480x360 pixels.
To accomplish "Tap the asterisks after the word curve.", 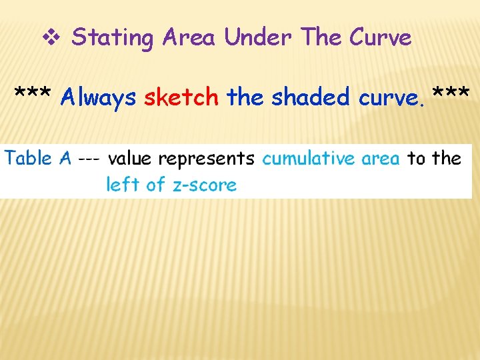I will (451, 95).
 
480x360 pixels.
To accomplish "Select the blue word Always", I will (98, 98).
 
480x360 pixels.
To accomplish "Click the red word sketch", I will (181, 97).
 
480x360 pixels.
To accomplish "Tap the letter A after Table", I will (65, 158).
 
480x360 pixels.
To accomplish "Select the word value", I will (129, 158).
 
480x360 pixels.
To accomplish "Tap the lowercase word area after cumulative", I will (381, 159).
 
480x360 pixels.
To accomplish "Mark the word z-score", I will (205, 185).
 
